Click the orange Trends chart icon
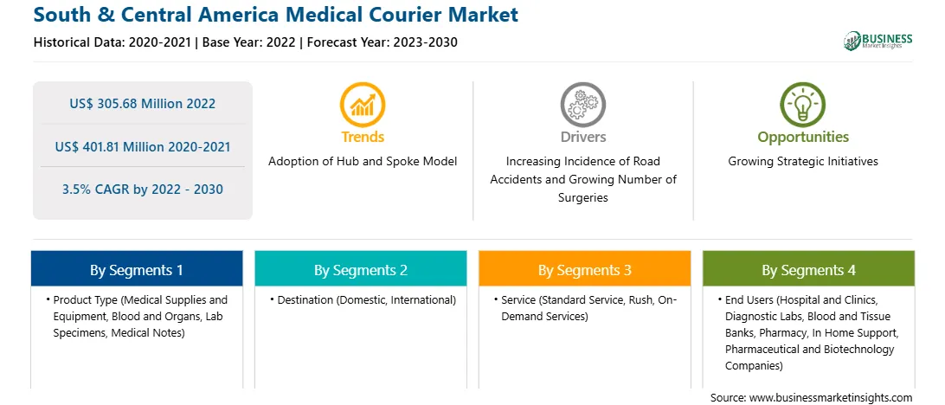pos(363,105)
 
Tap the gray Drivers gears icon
pos(582,105)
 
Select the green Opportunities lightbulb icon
pos(803,105)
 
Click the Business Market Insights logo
pos(878,41)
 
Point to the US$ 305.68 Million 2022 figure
pos(142,104)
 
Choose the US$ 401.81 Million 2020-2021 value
pos(142,146)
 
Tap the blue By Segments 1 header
pos(137,269)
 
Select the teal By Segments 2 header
pos(360,269)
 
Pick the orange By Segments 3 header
pos(585,269)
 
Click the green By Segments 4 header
pos(809,269)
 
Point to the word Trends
pos(363,138)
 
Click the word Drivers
pos(582,138)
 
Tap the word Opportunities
pos(803,138)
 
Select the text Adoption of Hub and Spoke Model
pos(363,162)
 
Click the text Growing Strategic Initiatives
pos(803,162)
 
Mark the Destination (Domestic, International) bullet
pos(363,299)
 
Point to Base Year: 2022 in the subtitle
pos(249,42)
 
